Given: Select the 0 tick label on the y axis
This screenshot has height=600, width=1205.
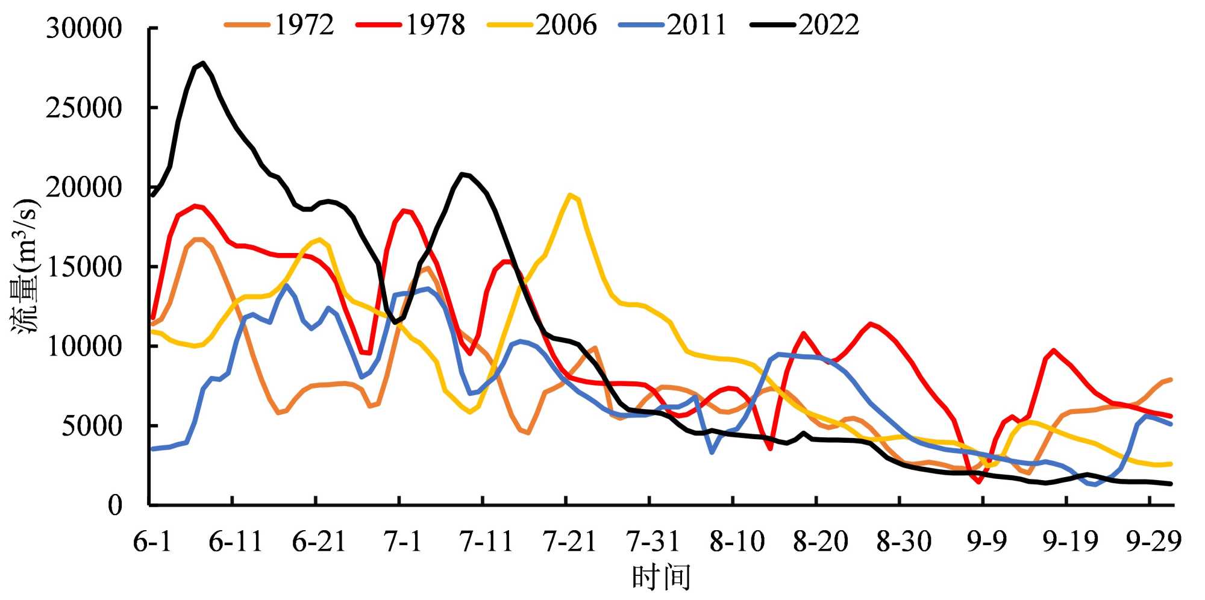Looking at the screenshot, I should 115,505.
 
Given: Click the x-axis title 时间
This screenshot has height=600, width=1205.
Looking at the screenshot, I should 661,578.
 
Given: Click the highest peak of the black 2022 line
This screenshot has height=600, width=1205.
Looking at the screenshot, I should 204,63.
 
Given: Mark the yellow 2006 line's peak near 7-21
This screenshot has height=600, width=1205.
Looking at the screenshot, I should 570,195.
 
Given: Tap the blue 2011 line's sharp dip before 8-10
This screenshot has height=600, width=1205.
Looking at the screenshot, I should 712,452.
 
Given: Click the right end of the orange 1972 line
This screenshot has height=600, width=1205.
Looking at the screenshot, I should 1170,380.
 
